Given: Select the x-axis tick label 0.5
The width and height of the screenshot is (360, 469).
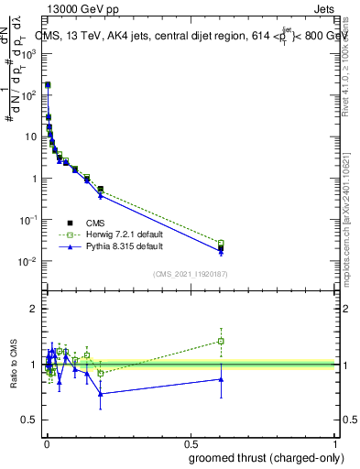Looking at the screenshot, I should [191, 442].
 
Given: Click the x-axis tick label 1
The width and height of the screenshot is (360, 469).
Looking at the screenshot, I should [336, 442].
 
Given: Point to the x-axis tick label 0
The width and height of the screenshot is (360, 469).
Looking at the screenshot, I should [47, 442].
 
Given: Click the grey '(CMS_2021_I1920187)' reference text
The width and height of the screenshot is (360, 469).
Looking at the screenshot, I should [190, 272].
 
